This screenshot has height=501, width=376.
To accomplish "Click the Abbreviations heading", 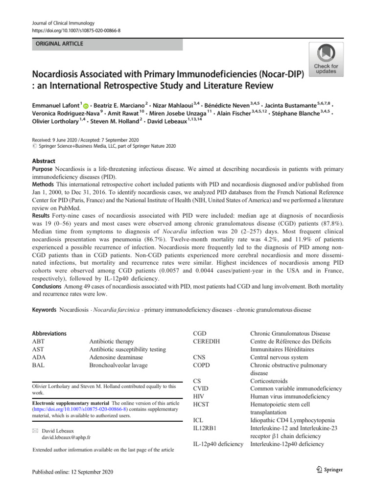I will click(49, 334).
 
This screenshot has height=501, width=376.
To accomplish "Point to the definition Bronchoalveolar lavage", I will click(121, 365).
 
